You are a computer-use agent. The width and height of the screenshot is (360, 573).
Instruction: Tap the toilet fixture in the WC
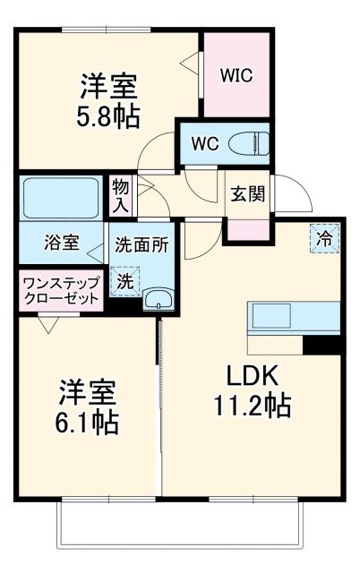point(252,142)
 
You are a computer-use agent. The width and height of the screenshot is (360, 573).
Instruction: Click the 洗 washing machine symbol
point(124,280)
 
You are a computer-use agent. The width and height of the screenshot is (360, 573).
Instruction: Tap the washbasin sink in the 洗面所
point(159,299)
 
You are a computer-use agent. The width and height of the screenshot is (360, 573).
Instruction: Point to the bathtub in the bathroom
point(61,197)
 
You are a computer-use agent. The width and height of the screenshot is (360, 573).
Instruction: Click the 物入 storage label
point(121,195)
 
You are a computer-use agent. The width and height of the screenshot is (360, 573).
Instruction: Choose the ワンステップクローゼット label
point(60,292)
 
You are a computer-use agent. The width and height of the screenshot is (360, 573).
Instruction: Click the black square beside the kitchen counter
point(322,345)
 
